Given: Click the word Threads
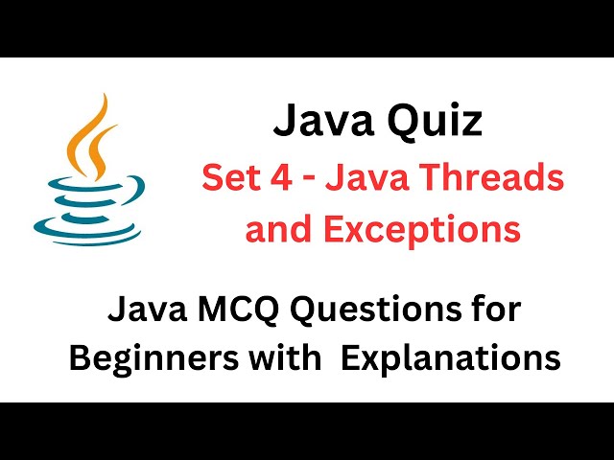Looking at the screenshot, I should [494, 177].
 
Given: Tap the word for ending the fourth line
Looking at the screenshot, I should [489, 310].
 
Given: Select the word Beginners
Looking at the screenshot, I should [144, 358].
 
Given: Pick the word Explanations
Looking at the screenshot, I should [451, 358].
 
